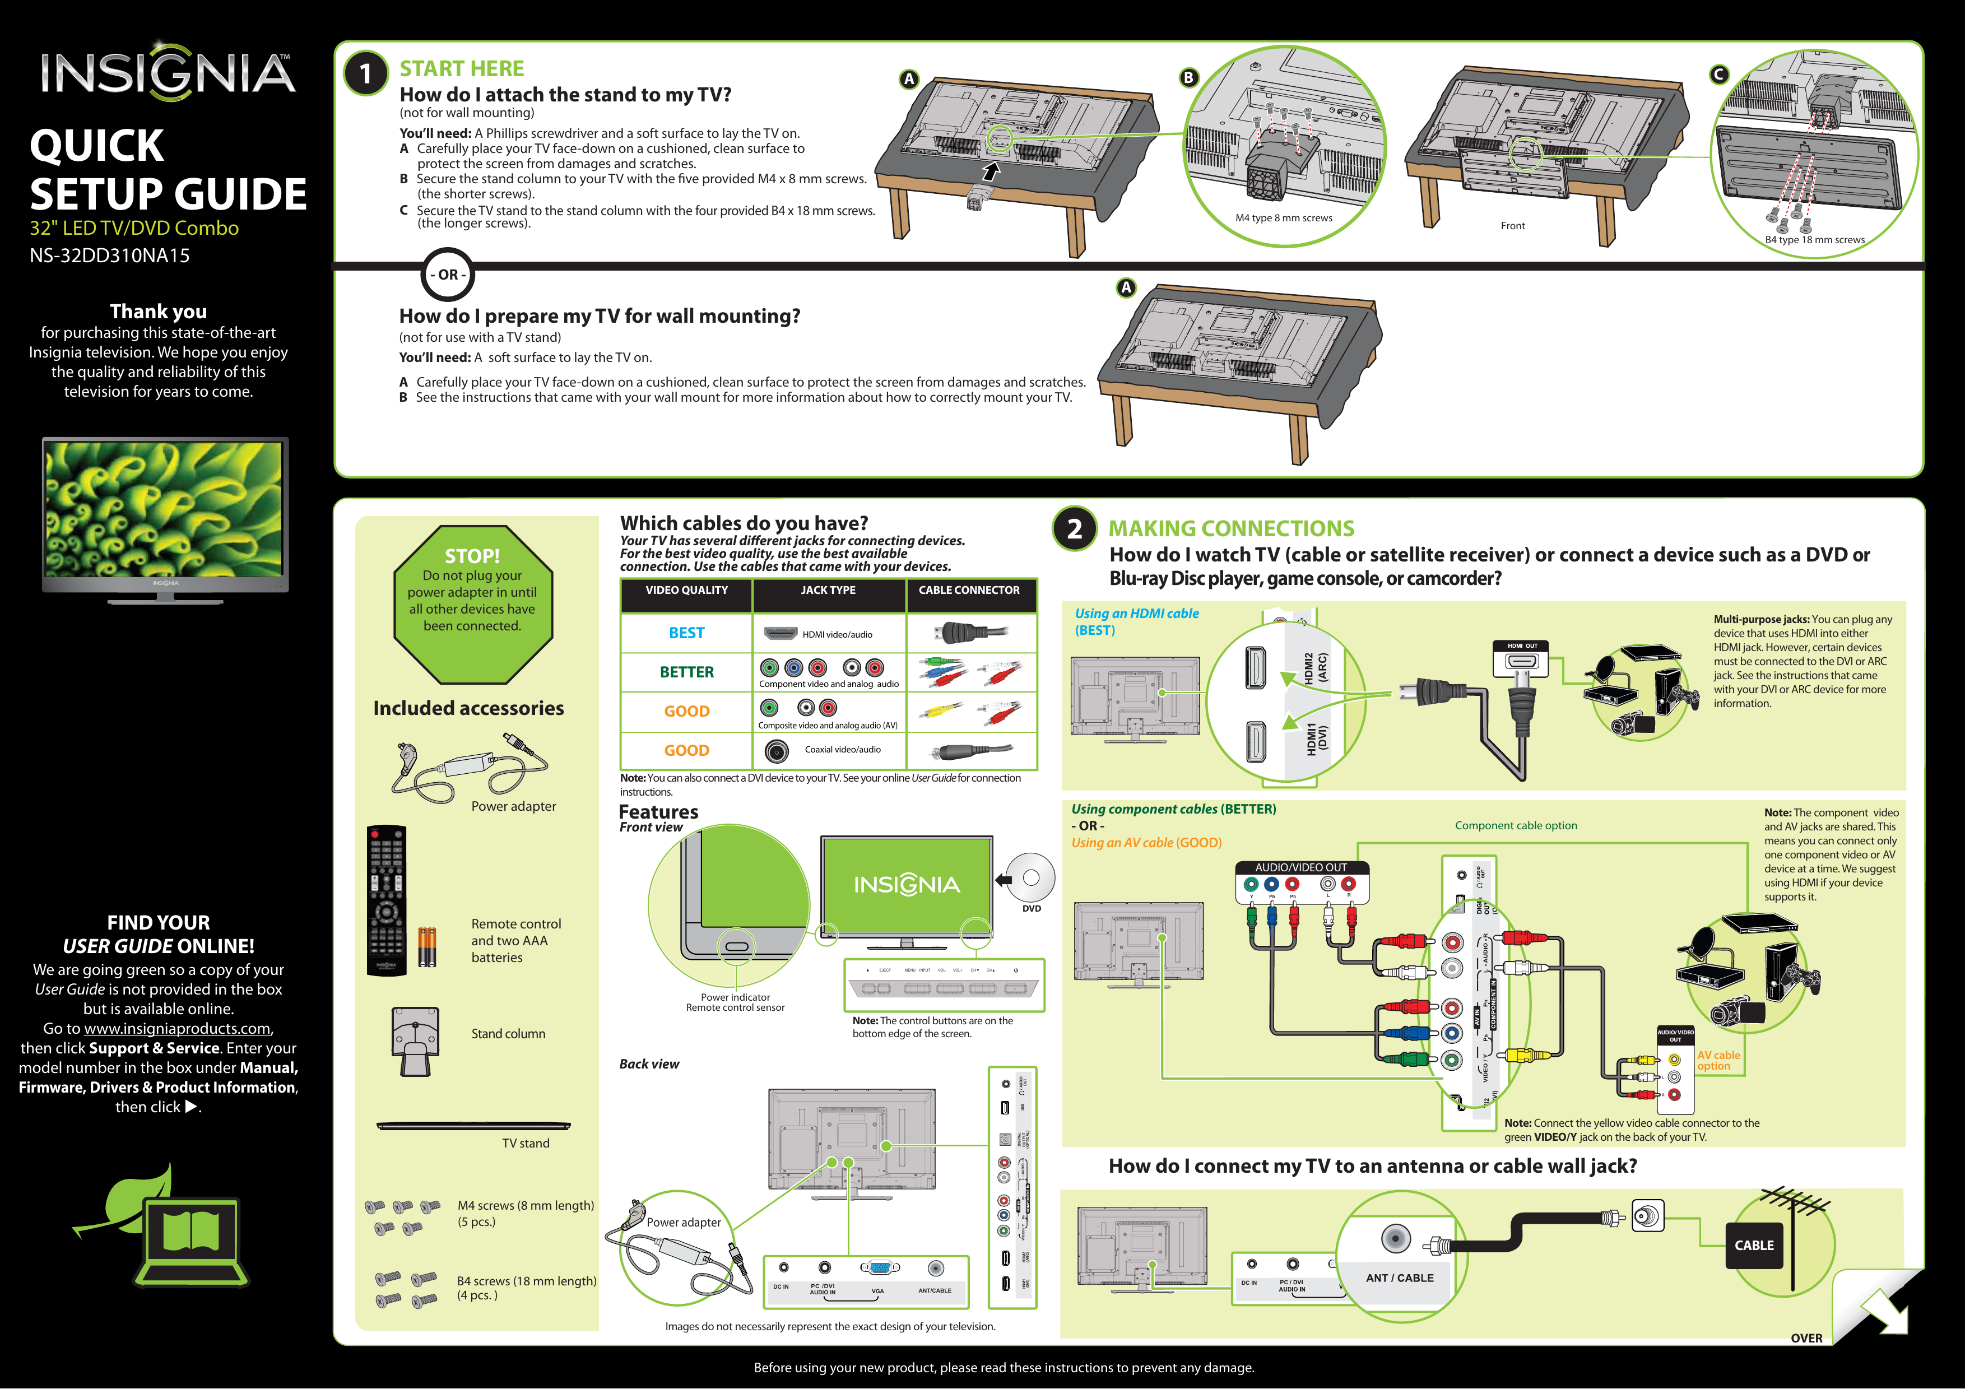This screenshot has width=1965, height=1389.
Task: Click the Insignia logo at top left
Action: point(167,73)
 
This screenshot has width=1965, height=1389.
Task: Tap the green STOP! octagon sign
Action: point(472,603)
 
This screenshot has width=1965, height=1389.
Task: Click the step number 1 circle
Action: point(365,73)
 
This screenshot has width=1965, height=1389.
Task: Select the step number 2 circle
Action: point(1074,529)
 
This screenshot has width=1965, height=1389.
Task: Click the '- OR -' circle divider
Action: point(448,275)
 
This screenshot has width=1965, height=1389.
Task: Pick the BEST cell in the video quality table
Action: point(686,633)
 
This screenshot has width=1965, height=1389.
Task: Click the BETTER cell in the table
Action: point(686,672)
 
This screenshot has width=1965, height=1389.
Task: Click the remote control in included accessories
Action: point(386,900)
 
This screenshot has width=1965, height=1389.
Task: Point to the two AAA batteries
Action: point(426,947)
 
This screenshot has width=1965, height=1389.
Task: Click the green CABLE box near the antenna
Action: point(1754,1245)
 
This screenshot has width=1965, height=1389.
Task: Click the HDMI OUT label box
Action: point(1522,646)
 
